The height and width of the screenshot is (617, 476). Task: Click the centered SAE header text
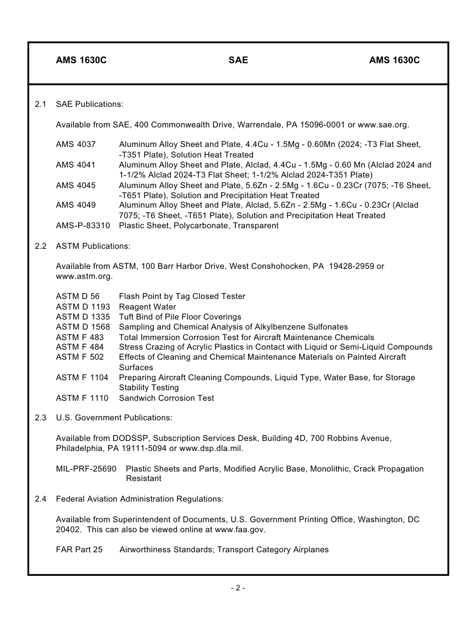(x=238, y=60)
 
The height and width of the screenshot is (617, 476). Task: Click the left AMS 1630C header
(x=81, y=60)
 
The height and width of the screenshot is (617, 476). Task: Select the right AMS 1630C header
(x=394, y=60)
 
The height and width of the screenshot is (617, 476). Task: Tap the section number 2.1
(x=41, y=104)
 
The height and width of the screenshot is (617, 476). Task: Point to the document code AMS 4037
(x=76, y=144)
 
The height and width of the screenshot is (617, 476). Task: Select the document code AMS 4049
(x=76, y=205)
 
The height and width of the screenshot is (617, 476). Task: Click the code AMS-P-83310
(x=83, y=225)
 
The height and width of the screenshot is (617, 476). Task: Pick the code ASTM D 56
(x=78, y=296)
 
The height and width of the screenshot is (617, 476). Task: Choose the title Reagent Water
(x=147, y=306)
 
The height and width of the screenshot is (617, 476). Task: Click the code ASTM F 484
(x=80, y=347)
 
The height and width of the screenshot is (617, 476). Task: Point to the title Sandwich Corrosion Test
(x=166, y=398)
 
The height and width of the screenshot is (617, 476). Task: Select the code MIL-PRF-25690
(x=86, y=469)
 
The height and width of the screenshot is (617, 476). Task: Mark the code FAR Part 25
(x=79, y=550)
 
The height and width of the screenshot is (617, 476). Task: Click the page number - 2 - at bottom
(x=238, y=588)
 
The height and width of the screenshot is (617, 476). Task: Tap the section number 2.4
(x=41, y=499)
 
